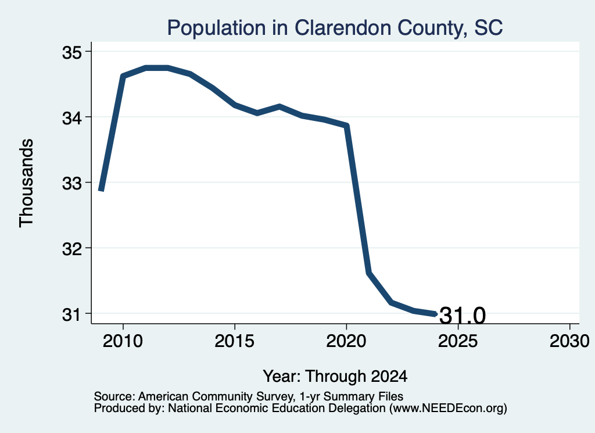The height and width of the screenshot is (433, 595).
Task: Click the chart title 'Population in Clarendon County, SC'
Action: point(335,28)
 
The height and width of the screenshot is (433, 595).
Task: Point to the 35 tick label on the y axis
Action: point(71,53)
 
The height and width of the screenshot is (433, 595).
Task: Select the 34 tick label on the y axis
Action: point(71,119)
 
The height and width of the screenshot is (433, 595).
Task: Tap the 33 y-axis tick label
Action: point(71,184)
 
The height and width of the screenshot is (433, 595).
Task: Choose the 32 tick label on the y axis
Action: point(71,249)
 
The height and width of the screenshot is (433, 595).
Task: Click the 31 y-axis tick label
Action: point(71,314)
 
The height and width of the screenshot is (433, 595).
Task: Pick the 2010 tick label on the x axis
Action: point(123,341)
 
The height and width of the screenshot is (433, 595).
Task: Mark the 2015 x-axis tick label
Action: point(235,341)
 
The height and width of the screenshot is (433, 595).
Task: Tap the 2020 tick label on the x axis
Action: point(346,341)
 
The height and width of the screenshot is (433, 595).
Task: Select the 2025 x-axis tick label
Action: point(458,341)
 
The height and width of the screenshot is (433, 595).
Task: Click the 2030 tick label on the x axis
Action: point(569,341)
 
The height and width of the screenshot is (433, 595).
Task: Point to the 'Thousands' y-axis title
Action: point(27,183)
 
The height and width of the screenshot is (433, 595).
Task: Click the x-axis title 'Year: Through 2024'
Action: point(335,377)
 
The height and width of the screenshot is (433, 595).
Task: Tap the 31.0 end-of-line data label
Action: point(463,316)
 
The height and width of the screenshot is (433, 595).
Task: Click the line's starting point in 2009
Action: point(101,189)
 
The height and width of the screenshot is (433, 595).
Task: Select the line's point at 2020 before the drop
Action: point(346,126)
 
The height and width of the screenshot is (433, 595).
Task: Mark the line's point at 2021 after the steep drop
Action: point(368,273)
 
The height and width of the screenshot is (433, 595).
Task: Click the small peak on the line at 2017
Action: point(279,106)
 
